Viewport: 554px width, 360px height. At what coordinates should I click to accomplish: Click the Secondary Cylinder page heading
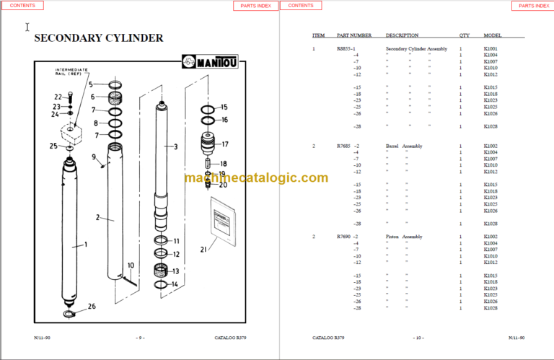coord(99,38)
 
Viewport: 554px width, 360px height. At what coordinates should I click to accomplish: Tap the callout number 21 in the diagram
coord(203,249)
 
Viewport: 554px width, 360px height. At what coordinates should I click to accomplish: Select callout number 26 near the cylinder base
coord(92,307)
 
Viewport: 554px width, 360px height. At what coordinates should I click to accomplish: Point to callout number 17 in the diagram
coord(224,144)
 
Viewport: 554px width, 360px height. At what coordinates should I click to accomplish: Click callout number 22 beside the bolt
coord(58,97)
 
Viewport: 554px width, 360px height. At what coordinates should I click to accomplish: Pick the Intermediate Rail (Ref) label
coord(72,74)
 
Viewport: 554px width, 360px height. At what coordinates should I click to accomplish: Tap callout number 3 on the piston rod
coord(175,146)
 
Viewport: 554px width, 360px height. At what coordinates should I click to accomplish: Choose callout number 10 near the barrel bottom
coord(131,265)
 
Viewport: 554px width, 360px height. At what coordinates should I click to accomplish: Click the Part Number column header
coord(354,35)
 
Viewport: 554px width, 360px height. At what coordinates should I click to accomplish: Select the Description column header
coord(402,35)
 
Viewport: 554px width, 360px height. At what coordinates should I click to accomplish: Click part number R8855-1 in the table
coord(346,49)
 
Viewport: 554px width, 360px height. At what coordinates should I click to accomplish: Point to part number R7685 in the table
coord(343,146)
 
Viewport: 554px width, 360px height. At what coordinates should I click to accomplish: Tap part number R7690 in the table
coord(343,237)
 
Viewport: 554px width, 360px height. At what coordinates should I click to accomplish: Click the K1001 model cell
coord(491,49)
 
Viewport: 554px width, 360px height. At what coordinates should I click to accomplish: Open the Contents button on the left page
coord(22,6)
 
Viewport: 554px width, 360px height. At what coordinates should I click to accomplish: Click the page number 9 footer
coord(141,338)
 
